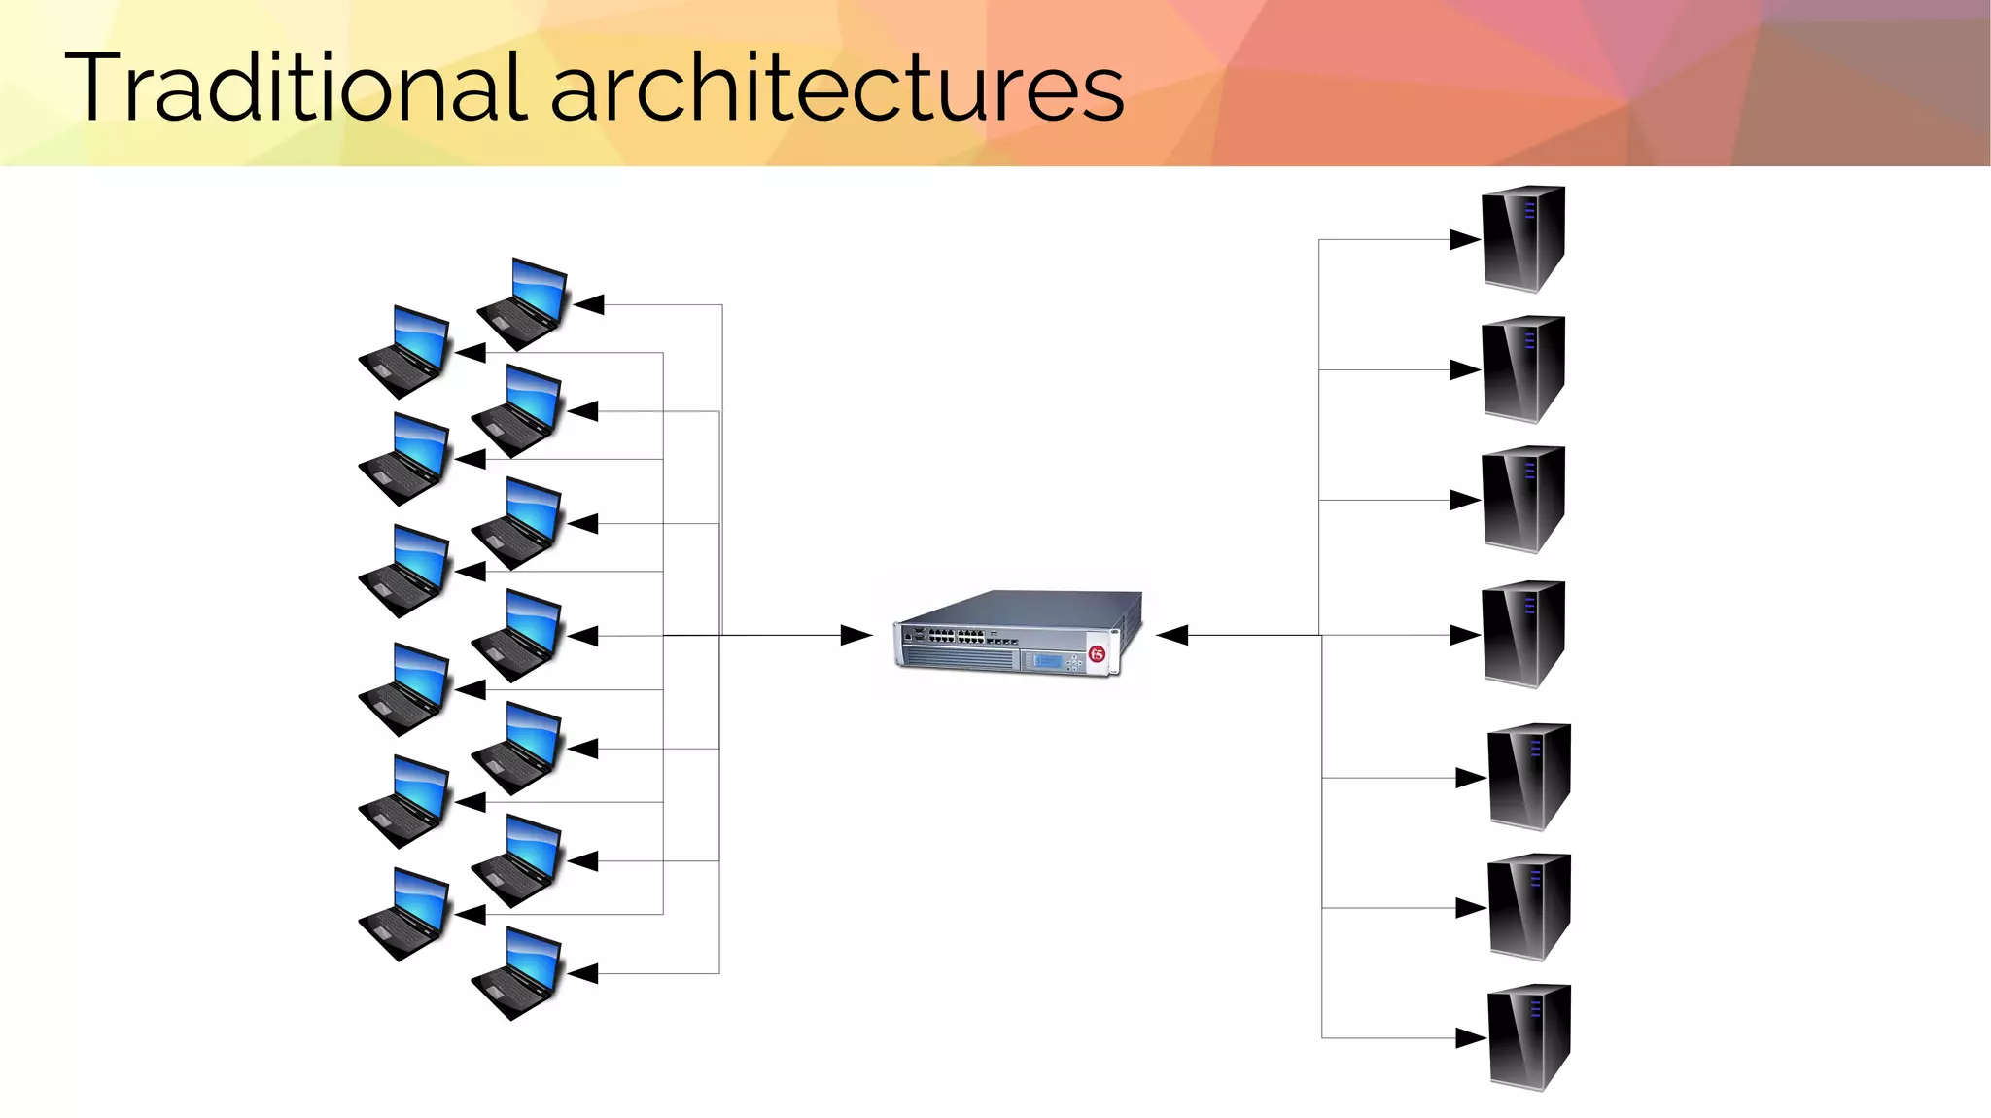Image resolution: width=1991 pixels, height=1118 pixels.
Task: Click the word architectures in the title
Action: (x=837, y=89)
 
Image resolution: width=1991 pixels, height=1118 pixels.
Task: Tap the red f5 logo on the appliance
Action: (x=1098, y=654)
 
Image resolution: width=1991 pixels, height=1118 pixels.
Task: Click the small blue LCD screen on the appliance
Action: (x=1047, y=661)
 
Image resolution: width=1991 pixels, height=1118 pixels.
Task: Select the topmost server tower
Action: (x=1522, y=238)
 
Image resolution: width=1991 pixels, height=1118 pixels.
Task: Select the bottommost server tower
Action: (x=1529, y=1037)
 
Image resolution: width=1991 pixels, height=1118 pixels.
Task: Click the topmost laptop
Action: (x=523, y=303)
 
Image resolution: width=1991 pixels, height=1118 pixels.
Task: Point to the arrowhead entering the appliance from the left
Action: (x=856, y=635)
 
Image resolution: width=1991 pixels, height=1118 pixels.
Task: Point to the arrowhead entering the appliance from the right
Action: (x=1172, y=635)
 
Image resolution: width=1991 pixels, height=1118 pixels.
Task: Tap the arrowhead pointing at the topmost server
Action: (x=1464, y=239)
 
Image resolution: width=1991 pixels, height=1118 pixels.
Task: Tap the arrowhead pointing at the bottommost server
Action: (x=1471, y=1038)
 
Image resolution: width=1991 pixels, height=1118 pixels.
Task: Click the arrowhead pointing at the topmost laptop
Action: (x=588, y=304)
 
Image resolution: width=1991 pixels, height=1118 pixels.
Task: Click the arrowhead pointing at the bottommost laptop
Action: (x=582, y=973)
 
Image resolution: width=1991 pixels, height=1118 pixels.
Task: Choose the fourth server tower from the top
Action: (x=1522, y=634)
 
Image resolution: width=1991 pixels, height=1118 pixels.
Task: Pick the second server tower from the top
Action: (x=1522, y=368)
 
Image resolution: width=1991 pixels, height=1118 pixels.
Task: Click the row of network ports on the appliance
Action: (x=957, y=636)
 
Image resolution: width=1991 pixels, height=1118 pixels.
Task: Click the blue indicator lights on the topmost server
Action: (x=1529, y=210)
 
